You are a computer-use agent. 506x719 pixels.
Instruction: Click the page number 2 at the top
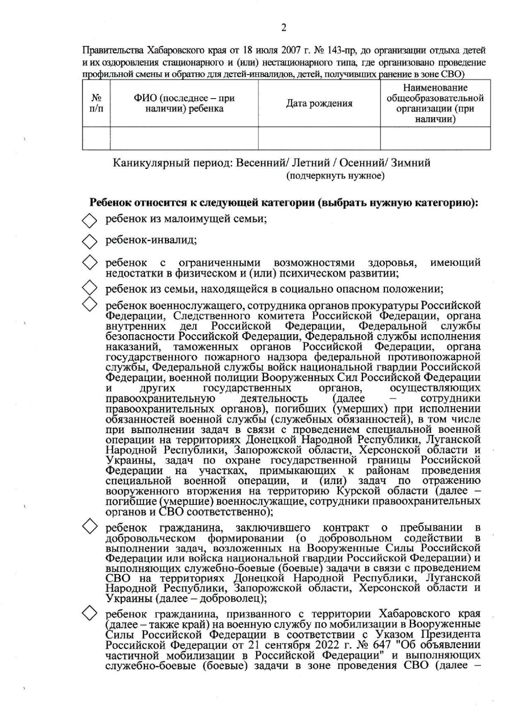[x=283, y=28]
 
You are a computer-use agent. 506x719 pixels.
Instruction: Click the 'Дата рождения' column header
[x=319, y=104]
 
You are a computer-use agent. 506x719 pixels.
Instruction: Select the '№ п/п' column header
[x=97, y=103]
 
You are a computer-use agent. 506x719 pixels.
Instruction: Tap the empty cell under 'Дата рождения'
[x=319, y=138]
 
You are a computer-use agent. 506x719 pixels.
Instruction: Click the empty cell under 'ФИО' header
[x=184, y=138]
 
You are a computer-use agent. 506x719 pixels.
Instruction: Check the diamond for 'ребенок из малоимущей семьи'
[x=89, y=220]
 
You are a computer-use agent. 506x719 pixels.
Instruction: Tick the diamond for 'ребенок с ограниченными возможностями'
[x=89, y=263]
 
